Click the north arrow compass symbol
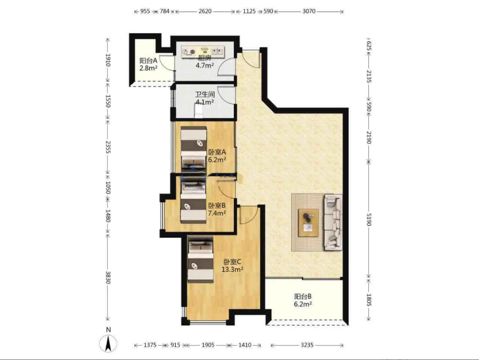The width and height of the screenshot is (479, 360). coord(108,343)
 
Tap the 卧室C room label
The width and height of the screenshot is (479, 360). coord(232,262)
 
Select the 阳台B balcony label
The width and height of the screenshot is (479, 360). coord(303,296)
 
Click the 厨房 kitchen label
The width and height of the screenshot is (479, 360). coord(205,58)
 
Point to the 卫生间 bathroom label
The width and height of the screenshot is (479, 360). coord(205,94)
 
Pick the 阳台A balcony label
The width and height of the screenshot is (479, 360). coord(148,60)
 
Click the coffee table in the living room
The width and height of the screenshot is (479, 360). coord(308,222)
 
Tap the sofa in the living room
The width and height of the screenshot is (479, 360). coord(333,222)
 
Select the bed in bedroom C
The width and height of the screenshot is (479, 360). coord(200,259)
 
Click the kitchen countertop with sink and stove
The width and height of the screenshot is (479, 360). coord(203,52)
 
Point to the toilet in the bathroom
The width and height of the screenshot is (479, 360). coord(199,111)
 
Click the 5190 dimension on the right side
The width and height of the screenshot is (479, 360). coord(368,220)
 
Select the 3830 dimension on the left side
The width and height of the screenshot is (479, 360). coord(108,277)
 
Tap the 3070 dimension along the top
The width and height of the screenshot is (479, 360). coord(309,12)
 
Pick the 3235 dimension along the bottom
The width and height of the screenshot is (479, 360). coord(307,345)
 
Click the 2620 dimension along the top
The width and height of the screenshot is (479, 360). coord(205,12)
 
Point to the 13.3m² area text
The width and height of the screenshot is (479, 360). coord(232,269)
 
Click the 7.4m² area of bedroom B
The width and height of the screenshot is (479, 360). coord(217,213)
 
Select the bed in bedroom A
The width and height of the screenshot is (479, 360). coord(194,149)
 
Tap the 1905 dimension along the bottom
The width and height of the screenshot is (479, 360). coord(208,345)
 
